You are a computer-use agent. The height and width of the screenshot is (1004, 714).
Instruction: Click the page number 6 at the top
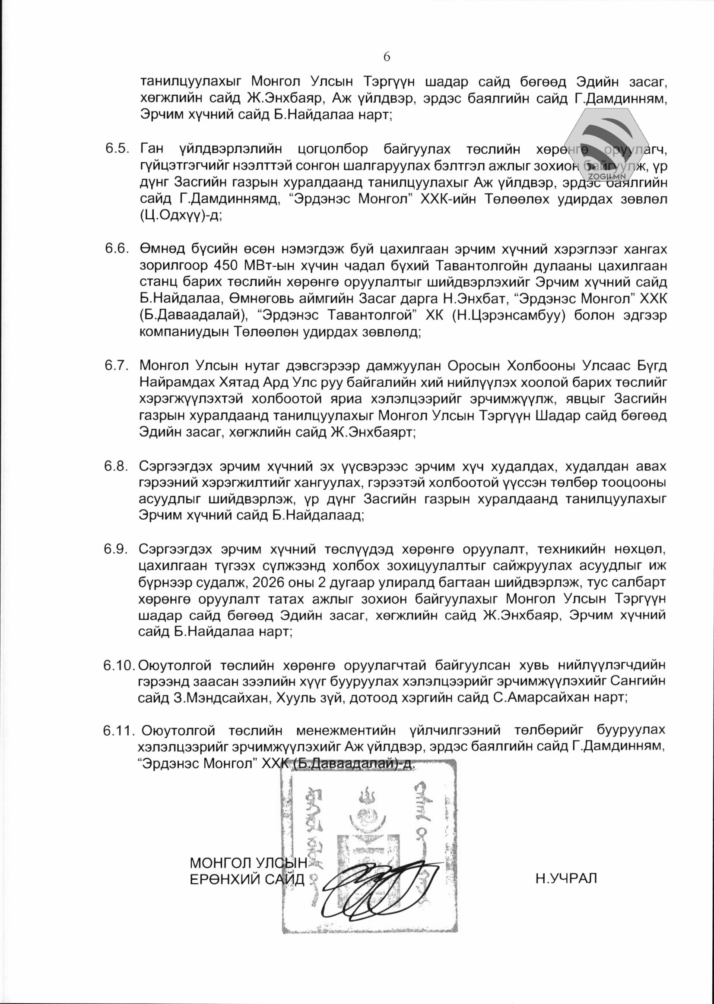pyautogui.click(x=387, y=57)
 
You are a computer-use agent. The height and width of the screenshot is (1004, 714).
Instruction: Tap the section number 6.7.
pyautogui.click(x=117, y=365)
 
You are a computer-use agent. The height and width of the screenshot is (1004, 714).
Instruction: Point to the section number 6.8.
pyautogui.click(x=117, y=466)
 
